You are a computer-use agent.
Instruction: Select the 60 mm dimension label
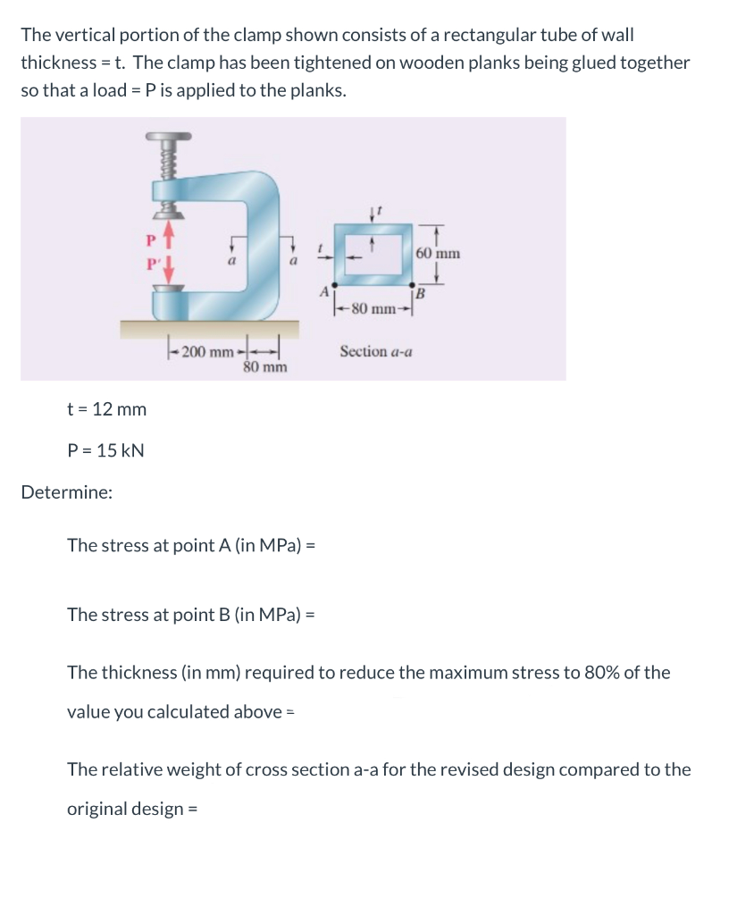click(x=439, y=253)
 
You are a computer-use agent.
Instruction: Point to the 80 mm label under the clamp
click(x=265, y=367)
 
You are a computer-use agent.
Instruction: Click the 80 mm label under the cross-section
click(x=373, y=310)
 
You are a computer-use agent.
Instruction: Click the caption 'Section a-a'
click(x=376, y=352)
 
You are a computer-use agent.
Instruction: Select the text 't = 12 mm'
click(x=107, y=409)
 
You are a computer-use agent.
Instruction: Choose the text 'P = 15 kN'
click(x=106, y=450)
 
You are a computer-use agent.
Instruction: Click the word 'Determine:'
click(x=66, y=491)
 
